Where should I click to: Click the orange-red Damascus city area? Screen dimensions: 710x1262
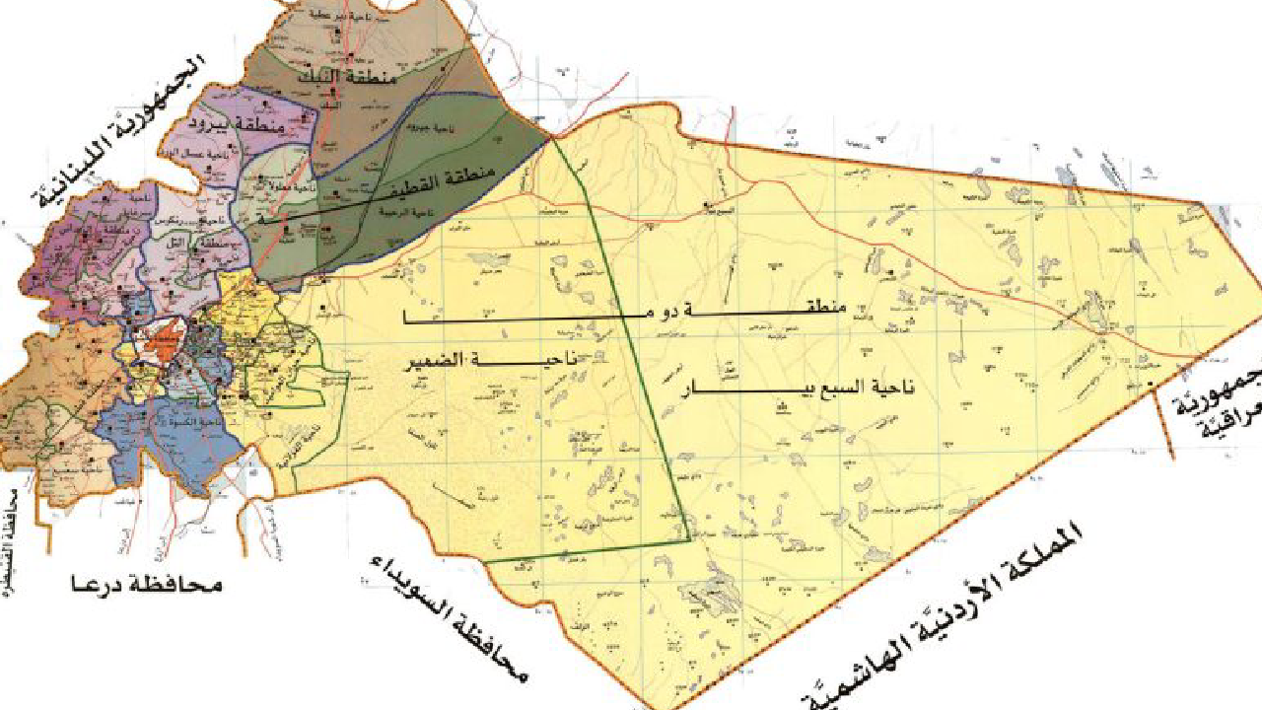tap(158, 344)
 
